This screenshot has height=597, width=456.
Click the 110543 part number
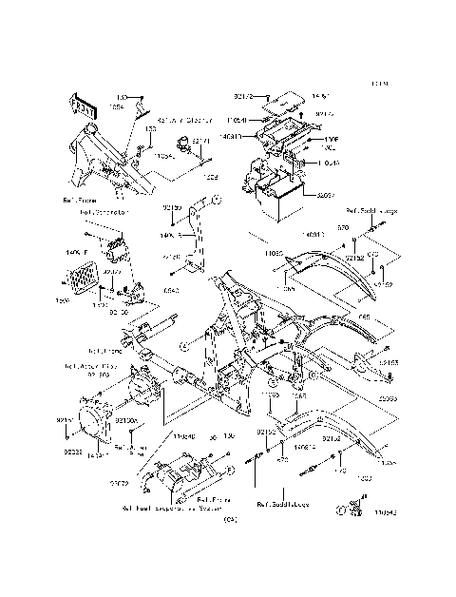coord(385,511)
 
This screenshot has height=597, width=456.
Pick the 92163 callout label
coord(388,362)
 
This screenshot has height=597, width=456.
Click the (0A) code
coord(228,519)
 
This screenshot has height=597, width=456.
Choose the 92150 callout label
coord(172,206)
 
